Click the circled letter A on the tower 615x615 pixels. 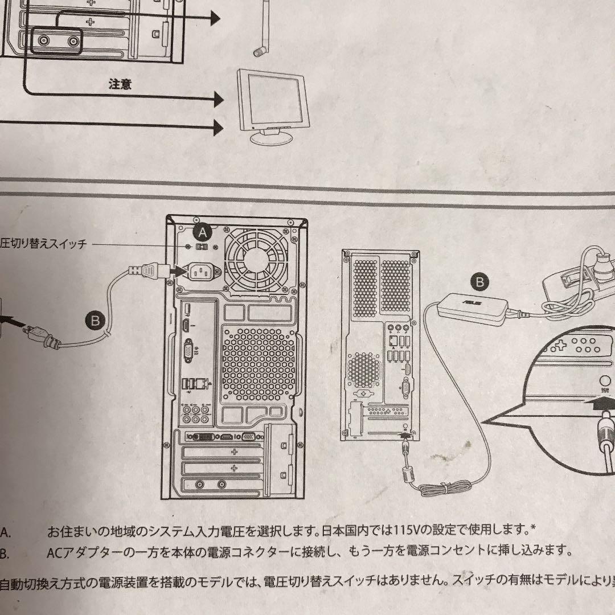point(202,231)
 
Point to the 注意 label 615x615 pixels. point(120,84)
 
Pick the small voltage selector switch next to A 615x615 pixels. point(201,248)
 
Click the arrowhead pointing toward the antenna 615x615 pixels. point(215,19)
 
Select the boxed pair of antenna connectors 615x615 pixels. point(56,42)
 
